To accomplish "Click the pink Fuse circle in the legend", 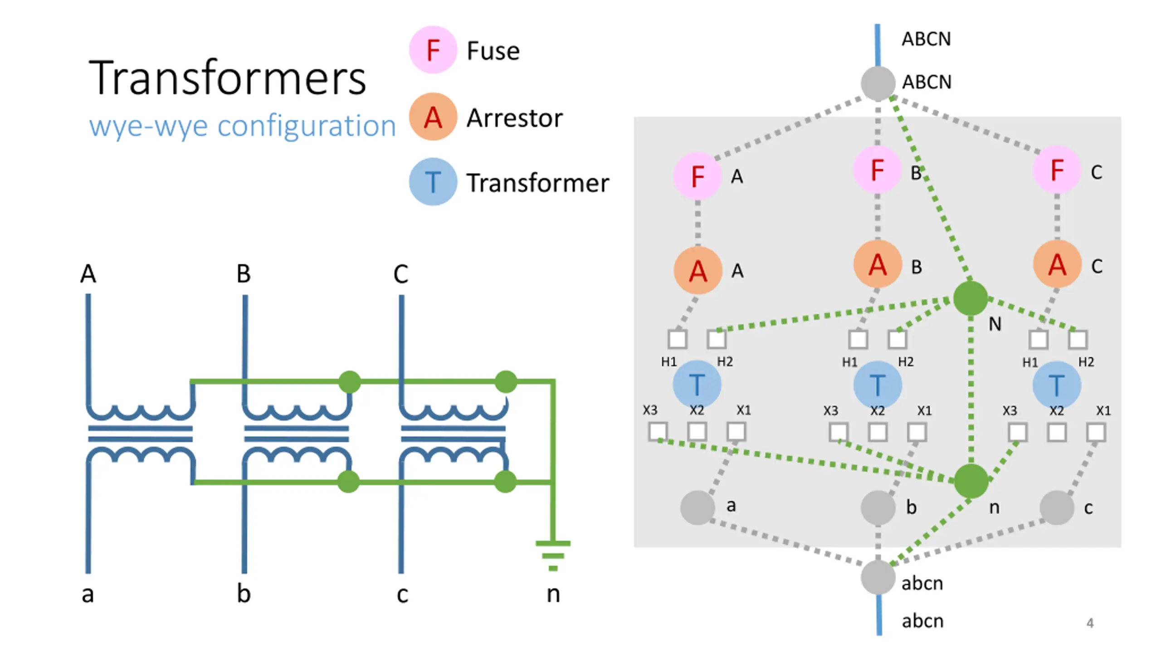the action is [432, 49].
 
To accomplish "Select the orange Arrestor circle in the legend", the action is [432, 117].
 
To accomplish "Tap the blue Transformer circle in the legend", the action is [432, 181].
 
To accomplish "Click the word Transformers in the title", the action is [227, 78].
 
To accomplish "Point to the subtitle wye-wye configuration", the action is [243, 126].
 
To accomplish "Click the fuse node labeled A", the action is [698, 176].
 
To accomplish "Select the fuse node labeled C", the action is [1057, 170].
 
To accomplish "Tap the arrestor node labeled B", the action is [877, 264].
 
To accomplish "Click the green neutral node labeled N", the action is [970, 298].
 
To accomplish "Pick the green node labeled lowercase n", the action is [971, 481].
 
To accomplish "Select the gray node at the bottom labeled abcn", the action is [878, 577].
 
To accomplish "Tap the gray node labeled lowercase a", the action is [698, 507].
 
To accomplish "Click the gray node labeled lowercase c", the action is [1057, 507].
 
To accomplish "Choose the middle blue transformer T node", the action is [877, 385].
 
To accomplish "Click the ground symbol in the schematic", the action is [552, 556].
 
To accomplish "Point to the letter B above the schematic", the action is [244, 274].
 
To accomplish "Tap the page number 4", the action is [1090, 623].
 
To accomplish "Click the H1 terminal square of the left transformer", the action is [677, 339].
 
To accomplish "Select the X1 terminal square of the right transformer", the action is [1096, 432].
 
